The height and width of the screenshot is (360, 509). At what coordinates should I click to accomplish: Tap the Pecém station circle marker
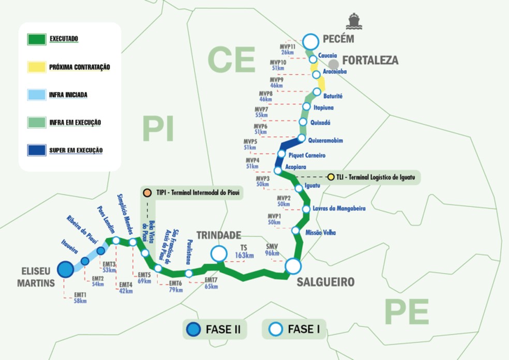click(x=311, y=41)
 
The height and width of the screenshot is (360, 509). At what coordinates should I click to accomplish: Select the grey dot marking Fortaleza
click(x=334, y=64)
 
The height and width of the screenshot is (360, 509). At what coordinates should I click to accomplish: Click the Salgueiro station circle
click(x=293, y=266)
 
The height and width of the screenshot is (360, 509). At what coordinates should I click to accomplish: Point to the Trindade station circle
click(x=219, y=253)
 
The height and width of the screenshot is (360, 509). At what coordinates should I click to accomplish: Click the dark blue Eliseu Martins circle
click(x=65, y=269)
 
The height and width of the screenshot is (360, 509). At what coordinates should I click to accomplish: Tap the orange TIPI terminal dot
click(x=147, y=192)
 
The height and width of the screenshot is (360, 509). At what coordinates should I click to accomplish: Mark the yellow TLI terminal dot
click(x=331, y=177)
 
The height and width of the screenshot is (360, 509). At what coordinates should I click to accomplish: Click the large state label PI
click(x=158, y=129)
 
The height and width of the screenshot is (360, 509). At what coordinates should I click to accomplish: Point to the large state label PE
click(x=407, y=312)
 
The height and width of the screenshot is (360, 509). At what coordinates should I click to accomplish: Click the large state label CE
click(x=232, y=60)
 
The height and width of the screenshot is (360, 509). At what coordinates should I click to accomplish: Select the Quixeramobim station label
click(x=325, y=141)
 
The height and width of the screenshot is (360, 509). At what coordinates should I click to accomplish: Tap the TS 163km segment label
click(x=243, y=251)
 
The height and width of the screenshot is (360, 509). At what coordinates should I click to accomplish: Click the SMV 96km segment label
click(x=272, y=250)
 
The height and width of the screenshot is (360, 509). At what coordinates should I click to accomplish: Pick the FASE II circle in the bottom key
click(x=194, y=329)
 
